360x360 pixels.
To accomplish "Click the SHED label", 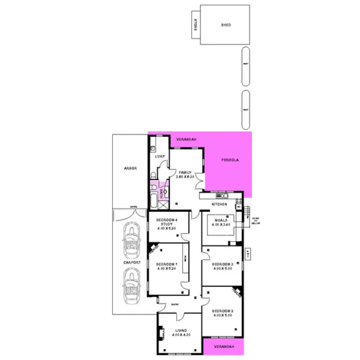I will (226, 25).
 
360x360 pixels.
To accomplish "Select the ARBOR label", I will (130, 168).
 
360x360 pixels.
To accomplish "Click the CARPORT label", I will (132, 262).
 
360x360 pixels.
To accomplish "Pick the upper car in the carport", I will (132, 240).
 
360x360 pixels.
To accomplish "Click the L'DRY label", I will (160, 156).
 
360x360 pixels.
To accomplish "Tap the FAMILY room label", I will (185, 172).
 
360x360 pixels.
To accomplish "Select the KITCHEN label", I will (220, 205).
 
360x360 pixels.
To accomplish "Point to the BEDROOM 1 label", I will (166, 264).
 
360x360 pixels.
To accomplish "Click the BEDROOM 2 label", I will (222, 311).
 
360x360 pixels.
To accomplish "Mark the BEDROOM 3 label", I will (222, 264).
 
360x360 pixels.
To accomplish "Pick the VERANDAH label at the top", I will (186, 139).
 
